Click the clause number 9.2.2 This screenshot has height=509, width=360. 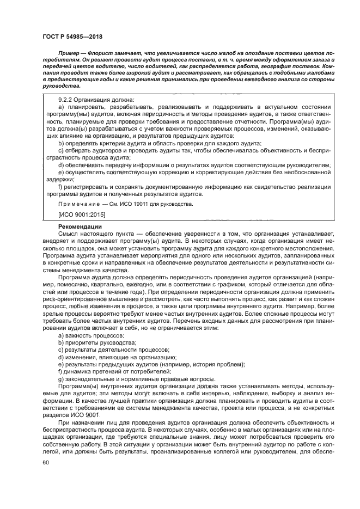(67, 100)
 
